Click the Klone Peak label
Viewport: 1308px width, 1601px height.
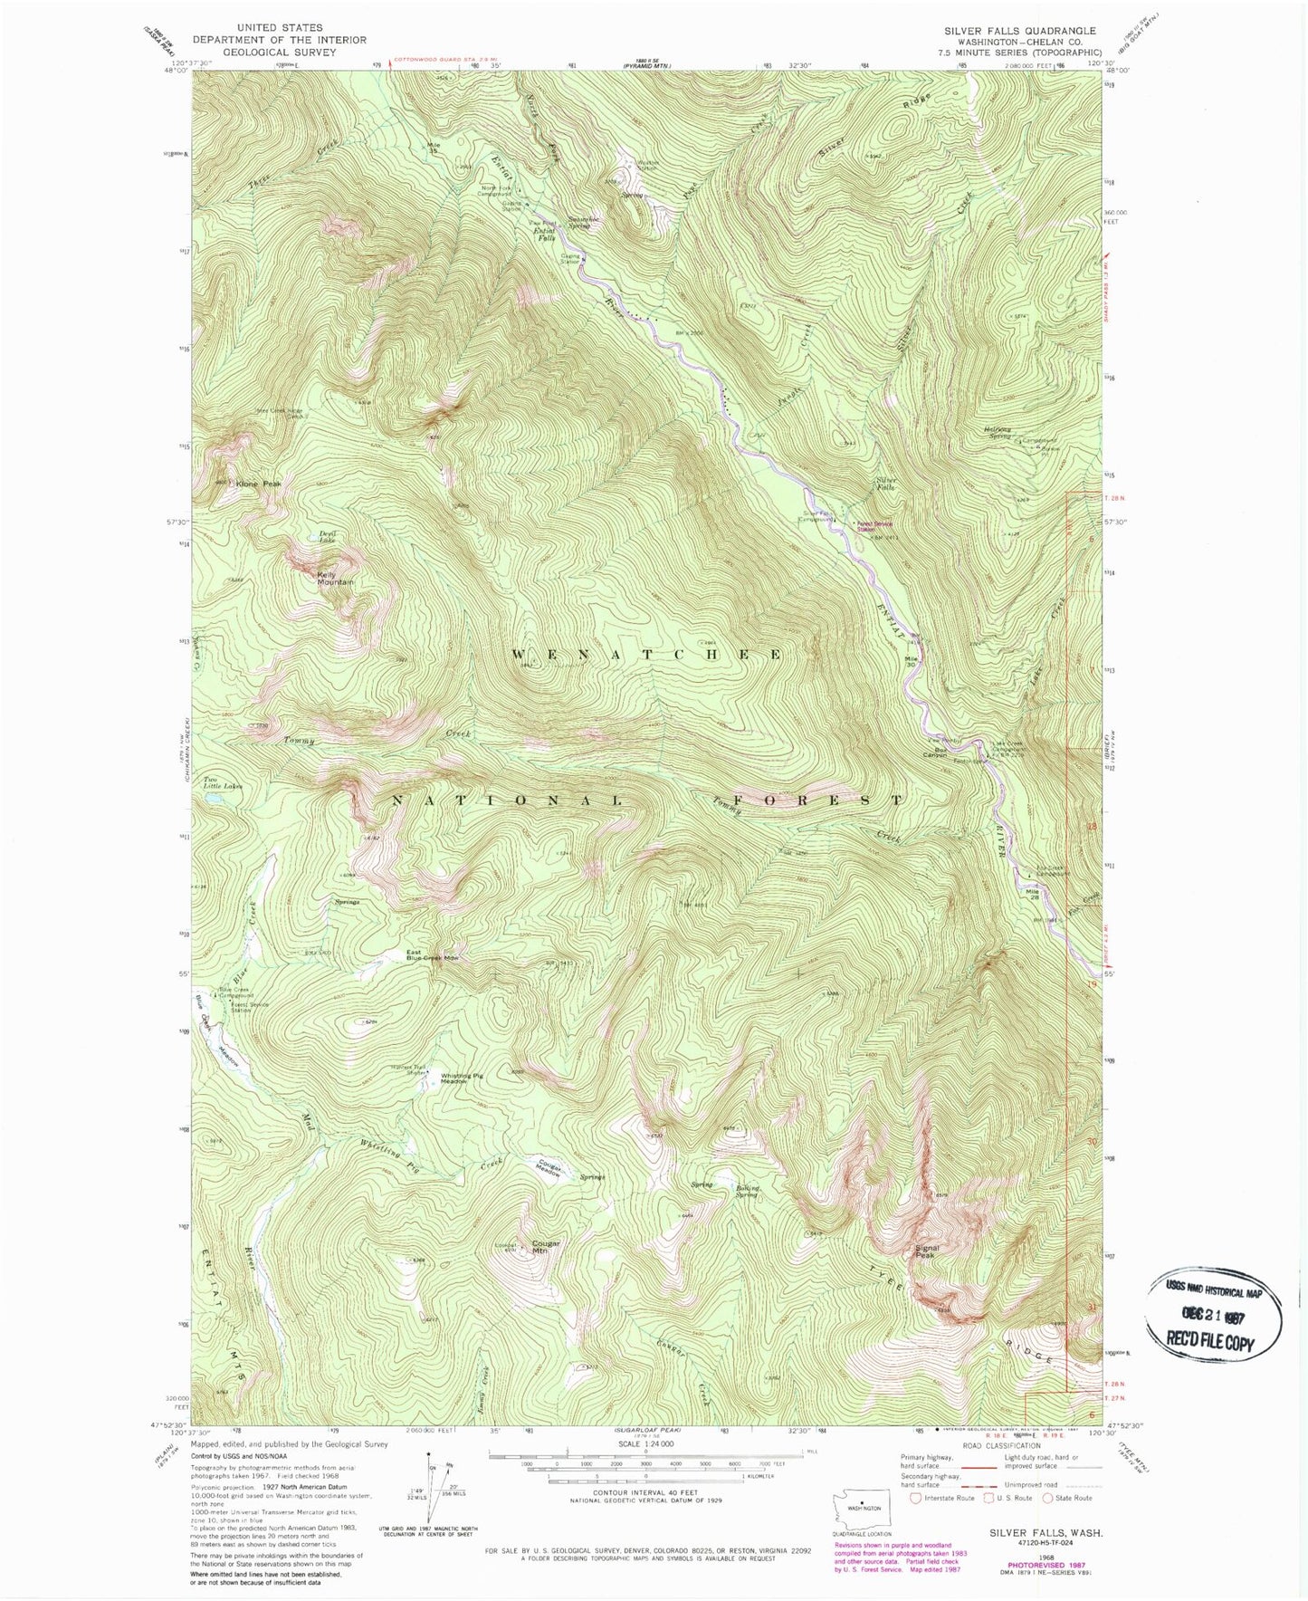coord(259,484)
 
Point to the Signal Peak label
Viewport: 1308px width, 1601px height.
coord(924,1251)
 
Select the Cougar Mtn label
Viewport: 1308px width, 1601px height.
coord(546,1246)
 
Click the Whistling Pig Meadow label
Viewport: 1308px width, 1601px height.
coord(467,1079)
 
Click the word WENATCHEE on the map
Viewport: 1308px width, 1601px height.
coord(647,654)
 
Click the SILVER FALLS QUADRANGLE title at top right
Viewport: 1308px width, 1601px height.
coord(1019,31)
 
